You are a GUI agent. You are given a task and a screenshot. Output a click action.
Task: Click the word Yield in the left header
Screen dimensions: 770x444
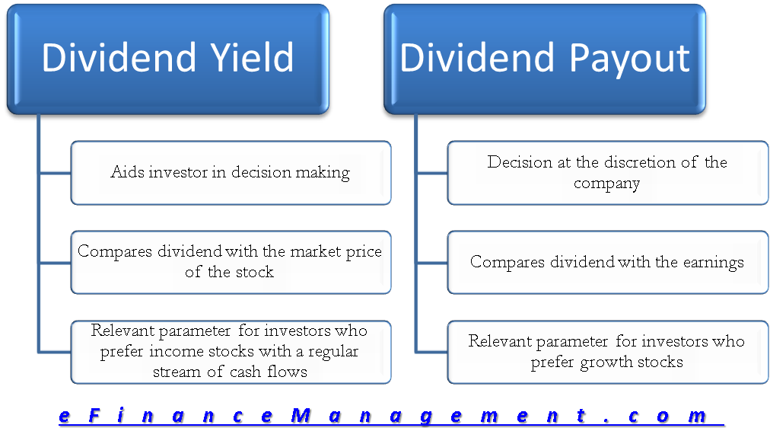coord(252,58)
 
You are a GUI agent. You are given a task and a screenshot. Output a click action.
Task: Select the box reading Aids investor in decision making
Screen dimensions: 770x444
coord(231,173)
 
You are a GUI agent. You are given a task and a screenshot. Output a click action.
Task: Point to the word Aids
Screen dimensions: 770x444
coord(127,172)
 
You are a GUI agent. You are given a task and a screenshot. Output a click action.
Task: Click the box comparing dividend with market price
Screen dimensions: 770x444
coord(231,262)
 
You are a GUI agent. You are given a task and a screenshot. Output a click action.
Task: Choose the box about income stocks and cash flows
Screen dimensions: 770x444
coord(231,352)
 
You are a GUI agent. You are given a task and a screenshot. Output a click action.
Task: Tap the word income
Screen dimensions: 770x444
coord(176,351)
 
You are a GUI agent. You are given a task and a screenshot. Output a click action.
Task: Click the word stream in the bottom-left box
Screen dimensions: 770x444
coord(177,372)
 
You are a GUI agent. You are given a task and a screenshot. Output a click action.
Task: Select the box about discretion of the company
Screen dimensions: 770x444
coord(607,173)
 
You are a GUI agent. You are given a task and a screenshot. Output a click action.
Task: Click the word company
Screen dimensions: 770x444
coord(606,184)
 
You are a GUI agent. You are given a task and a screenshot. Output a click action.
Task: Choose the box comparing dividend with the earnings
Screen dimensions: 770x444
coord(607,262)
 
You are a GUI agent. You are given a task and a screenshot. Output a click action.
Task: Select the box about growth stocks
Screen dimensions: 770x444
coord(607,352)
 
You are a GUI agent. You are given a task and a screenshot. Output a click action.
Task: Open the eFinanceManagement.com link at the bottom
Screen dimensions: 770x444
coord(391,417)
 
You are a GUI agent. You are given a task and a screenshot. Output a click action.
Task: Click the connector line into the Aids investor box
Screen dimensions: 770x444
coord(55,173)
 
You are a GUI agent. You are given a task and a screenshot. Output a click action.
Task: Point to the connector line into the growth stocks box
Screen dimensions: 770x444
coord(431,352)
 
